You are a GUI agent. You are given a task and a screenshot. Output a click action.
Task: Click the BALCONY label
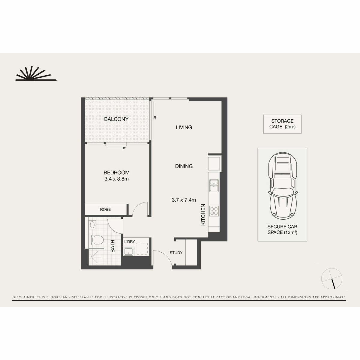(116, 119)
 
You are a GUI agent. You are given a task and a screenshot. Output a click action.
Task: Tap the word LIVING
(184, 127)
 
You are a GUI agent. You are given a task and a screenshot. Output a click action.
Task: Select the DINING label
(184, 166)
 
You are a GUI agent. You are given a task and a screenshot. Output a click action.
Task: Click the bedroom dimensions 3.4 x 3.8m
(116, 179)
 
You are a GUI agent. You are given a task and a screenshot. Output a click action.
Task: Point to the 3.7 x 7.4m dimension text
(184, 200)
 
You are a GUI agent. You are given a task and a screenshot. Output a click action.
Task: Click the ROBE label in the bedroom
(105, 209)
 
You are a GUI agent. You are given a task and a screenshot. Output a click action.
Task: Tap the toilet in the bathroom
(96, 240)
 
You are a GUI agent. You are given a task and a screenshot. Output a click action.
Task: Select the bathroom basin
(92, 225)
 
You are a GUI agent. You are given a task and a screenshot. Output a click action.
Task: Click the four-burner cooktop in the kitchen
(214, 211)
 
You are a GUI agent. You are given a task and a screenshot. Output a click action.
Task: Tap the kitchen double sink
(214, 185)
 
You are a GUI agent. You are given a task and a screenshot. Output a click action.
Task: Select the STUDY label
(176, 253)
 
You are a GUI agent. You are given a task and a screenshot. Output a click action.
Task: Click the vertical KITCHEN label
(203, 215)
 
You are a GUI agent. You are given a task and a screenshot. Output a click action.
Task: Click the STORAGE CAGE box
(282, 124)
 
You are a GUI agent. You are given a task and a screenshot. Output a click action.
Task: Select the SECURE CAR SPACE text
(282, 229)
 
